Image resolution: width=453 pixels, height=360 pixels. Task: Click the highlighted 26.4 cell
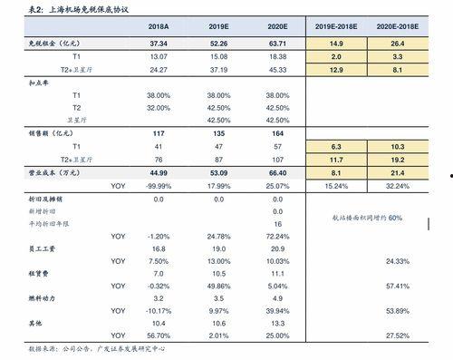(x=397, y=43)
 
